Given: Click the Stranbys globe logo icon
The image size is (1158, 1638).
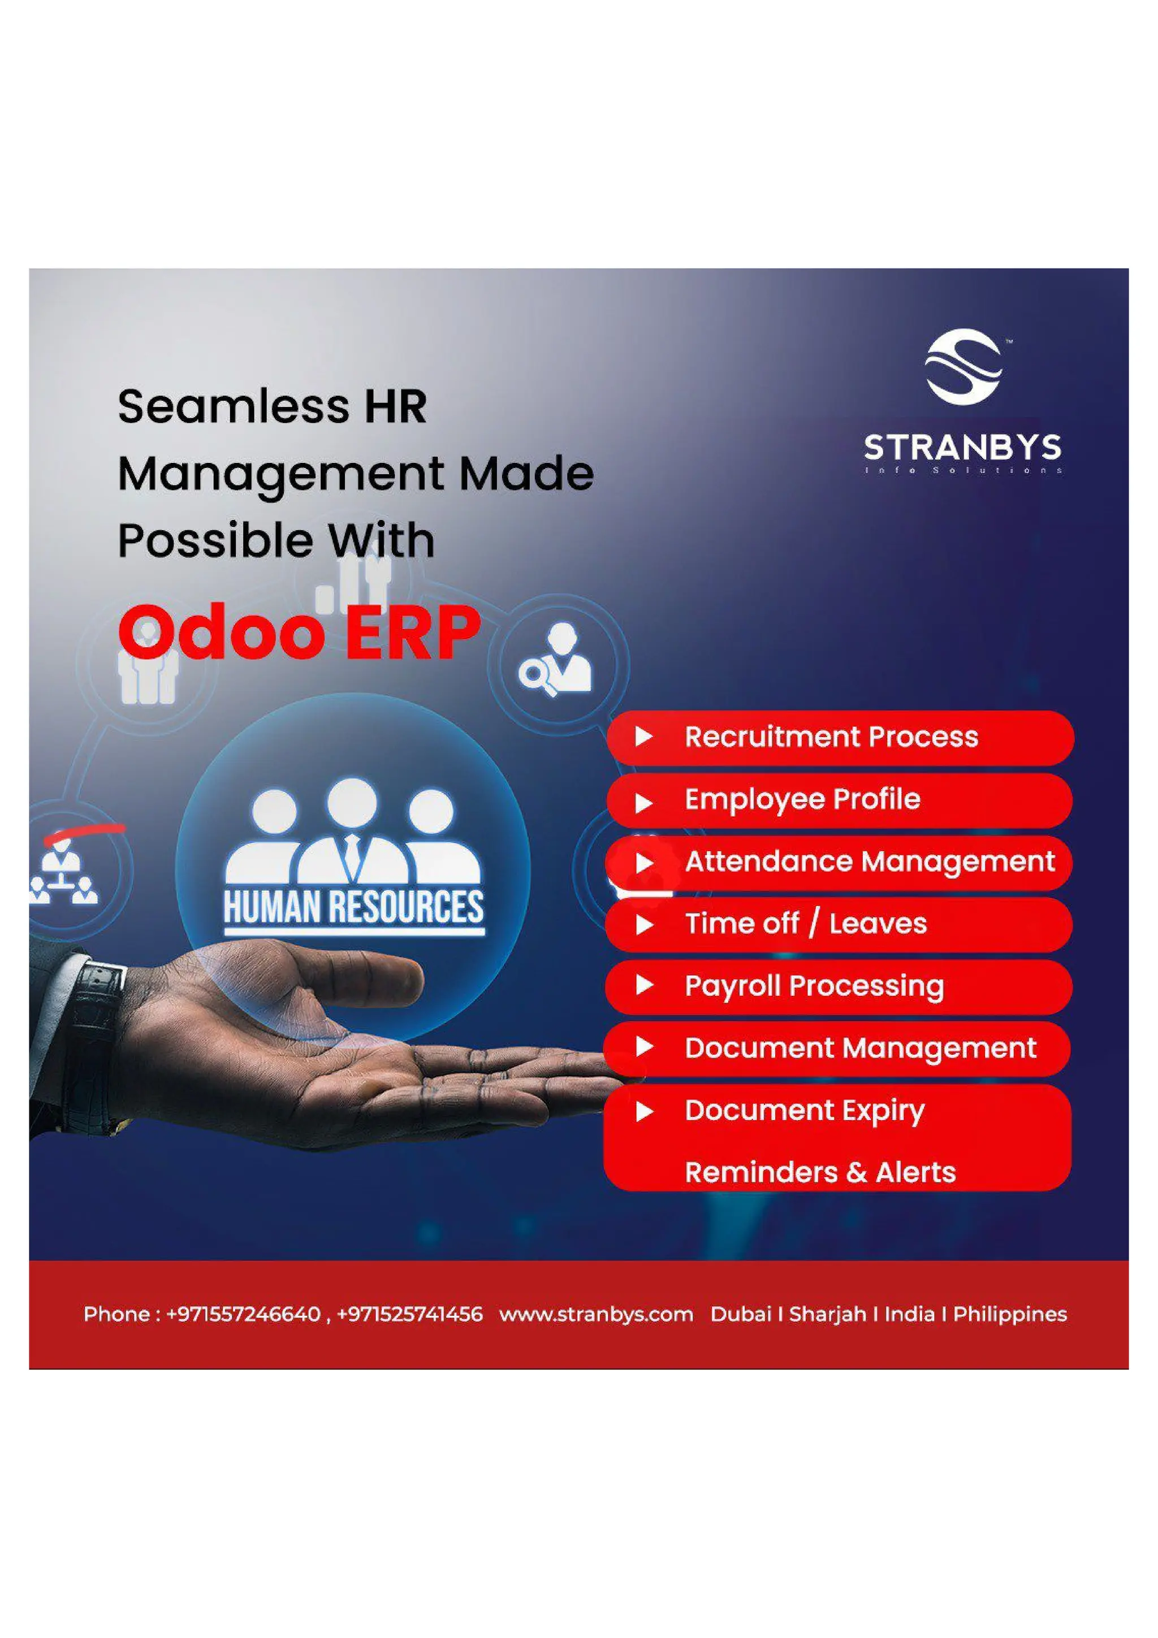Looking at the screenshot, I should coord(964,367).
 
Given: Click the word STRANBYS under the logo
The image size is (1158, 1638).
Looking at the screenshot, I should coord(962,448).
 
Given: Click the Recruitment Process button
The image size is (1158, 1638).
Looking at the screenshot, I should coord(839,737).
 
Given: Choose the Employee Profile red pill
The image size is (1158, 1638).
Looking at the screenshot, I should coord(839,800).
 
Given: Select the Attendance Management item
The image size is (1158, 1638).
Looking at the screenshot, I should coord(839,862).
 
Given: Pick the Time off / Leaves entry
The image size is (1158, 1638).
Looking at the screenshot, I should coord(839,924).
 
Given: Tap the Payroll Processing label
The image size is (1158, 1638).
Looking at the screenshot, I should coord(839,986).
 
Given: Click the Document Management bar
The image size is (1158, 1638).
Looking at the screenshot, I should coord(839,1048).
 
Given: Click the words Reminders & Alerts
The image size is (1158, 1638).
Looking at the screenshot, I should coord(820,1172).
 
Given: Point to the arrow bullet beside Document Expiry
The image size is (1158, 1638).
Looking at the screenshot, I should coord(644,1111).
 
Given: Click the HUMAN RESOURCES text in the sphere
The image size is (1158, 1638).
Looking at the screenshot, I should coord(353,908).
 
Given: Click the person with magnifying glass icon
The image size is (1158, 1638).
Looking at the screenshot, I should coord(556,660).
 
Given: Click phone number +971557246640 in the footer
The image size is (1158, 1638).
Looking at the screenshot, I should coord(243,1314).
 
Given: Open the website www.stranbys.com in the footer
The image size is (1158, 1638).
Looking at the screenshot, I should coord(596,1314).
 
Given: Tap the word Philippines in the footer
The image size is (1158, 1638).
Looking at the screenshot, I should coord(1010,1314).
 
